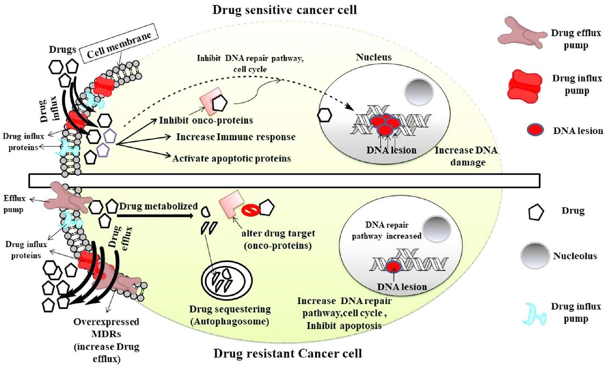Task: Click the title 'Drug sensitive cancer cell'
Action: [284, 10]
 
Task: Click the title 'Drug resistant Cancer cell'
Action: [287, 353]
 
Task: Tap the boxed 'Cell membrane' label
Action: [119, 45]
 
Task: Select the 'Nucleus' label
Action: [373, 57]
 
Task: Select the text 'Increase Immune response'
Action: [236, 137]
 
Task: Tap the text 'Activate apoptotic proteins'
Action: [232, 159]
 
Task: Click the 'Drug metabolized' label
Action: [158, 207]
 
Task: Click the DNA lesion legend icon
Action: [535, 130]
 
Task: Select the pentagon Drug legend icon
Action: [536, 212]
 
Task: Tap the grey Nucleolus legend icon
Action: [534, 256]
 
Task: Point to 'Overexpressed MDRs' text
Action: [106, 327]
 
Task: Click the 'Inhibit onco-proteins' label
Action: [206, 120]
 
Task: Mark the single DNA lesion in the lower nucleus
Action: [393, 266]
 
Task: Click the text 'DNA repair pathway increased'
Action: [386, 230]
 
